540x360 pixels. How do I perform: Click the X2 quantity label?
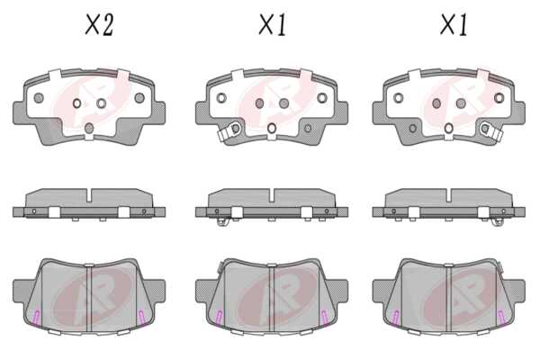pos(99,24)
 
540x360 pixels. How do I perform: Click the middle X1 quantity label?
pos(273,24)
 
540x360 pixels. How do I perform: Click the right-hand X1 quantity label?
pos(454,24)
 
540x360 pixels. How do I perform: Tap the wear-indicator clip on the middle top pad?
pos(229,130)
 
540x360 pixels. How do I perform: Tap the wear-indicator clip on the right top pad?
pos(491,130)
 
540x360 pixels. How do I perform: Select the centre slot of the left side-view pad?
pos(89,195)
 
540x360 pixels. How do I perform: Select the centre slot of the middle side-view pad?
pos(272,195)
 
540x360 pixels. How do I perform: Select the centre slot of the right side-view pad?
pos(448,195)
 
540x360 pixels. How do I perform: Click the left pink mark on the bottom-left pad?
pos(36,318)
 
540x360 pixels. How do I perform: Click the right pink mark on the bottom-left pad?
pos(142,318)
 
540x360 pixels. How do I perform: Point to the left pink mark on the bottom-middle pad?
pos(219,318)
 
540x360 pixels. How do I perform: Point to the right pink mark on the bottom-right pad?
pos(502,318)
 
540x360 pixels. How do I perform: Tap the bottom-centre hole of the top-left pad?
pos(89,128)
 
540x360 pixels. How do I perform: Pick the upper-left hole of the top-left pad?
pos(39,98)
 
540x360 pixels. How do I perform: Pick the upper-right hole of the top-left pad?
pos(139,98)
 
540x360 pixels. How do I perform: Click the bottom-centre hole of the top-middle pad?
pos(272,128)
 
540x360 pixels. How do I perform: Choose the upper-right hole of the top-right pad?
pos(499,98)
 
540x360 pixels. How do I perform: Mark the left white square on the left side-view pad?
pos(54,212)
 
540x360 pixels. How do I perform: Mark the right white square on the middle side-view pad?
pos(306,212)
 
